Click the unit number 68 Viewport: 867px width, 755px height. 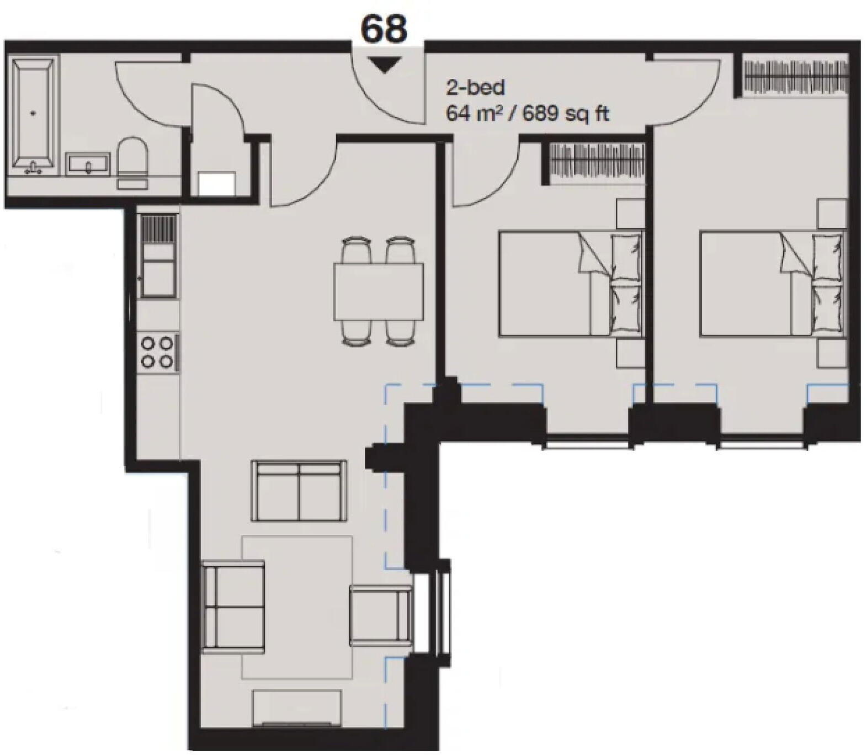point(384,29)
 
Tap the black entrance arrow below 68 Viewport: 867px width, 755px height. point(384,66)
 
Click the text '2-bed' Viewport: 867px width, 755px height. point(475,88)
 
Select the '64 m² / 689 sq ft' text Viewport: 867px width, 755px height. point(527,114)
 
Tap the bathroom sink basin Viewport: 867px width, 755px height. point(88,164)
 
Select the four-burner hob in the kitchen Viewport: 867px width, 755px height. point(157,352)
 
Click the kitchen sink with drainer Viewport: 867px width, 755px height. point(158,257)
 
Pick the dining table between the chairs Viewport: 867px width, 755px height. point(379,291)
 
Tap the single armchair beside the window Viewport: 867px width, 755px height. point(381,616)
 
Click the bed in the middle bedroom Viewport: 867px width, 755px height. point(571,284)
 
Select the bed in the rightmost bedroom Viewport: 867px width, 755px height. point(772,284)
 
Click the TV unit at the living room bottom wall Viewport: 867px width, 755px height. point(297,709)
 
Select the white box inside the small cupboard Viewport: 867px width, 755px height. point(217,183)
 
